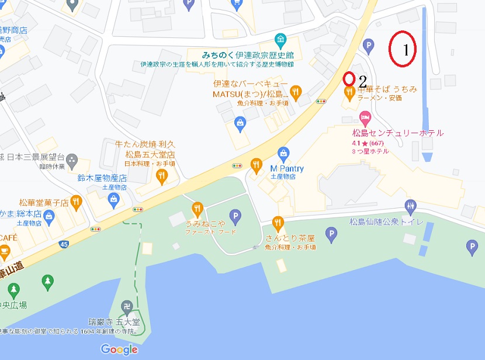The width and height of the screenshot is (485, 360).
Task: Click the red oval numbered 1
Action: (x=403, y=49)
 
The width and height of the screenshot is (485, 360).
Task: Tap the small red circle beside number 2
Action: (x=349, y=78)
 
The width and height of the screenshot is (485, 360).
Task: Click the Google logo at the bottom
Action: (x=119, y=349)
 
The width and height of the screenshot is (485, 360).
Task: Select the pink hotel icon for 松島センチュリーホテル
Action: (x=366, y=119)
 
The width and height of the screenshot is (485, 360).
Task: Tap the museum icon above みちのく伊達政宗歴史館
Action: (x=281, y=40)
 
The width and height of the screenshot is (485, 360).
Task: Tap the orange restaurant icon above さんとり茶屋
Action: (x=278, y=222)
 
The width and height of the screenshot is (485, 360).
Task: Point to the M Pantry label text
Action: (x=287, y=169)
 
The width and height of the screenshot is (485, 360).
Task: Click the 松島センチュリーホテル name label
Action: (x=398, y=133)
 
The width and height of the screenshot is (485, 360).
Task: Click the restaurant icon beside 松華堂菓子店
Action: (x=77, y=202)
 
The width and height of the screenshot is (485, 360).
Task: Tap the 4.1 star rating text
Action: (x=367, y=143)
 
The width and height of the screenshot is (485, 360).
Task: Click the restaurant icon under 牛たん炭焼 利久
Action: (x=158, y=176)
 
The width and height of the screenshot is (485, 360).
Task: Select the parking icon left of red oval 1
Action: (x=369, y=44)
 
